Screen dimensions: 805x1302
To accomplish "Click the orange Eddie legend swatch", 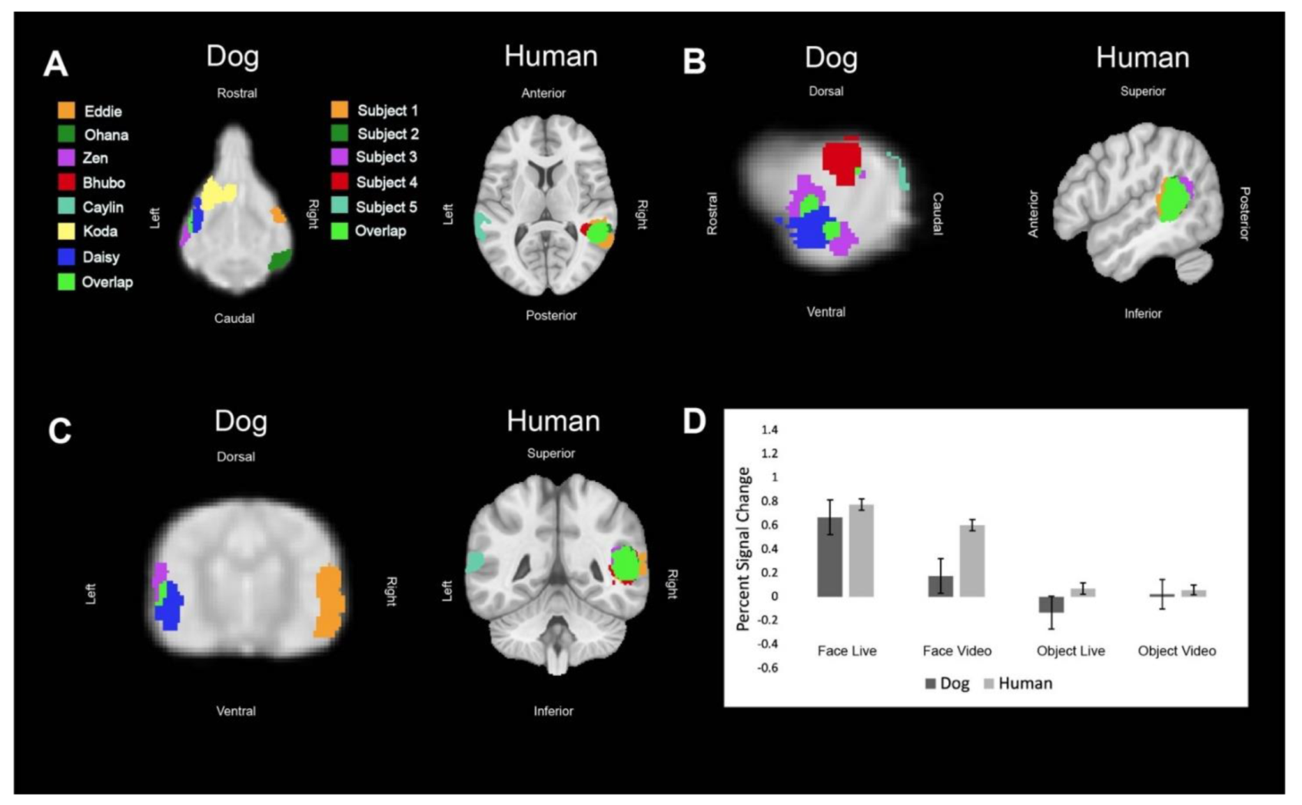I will (x=66, y=111).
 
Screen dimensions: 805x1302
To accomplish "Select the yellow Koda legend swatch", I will (x=66, y=231).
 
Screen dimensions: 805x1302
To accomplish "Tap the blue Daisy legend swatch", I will (x=66, y=257).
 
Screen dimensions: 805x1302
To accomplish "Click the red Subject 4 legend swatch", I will (x=339, y=182).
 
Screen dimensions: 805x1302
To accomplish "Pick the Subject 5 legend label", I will (x=387, y=207).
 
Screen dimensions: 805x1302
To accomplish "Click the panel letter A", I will (x=55, y=64).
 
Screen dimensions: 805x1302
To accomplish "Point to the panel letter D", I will (x=694, y=421).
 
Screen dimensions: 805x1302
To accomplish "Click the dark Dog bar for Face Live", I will (x=829, y=557).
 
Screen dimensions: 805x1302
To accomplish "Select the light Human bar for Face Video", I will (x=972, y=561).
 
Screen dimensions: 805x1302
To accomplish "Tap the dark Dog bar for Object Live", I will (x=1051, y=604).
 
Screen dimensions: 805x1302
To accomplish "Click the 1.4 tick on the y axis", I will (x=769, y=430).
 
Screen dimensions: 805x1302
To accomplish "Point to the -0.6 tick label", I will (x=767, y=668).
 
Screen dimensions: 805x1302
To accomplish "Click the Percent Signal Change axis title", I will (x=742, y=549).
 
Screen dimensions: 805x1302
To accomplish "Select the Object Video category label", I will (x=1177, y=651).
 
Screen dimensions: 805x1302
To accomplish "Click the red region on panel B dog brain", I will (x=840, y=161).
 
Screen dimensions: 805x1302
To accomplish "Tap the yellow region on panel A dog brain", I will (x=217, y=192).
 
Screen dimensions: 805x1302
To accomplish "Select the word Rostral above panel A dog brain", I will (x=237, y=93).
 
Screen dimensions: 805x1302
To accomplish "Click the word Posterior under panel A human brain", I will (x=551, y=315).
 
